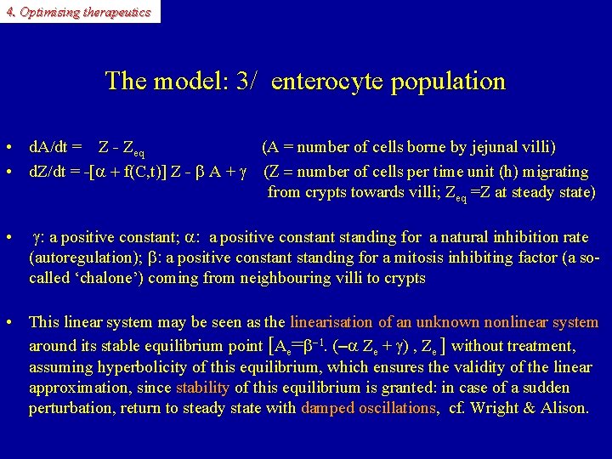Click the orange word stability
(x=202, y=388)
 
